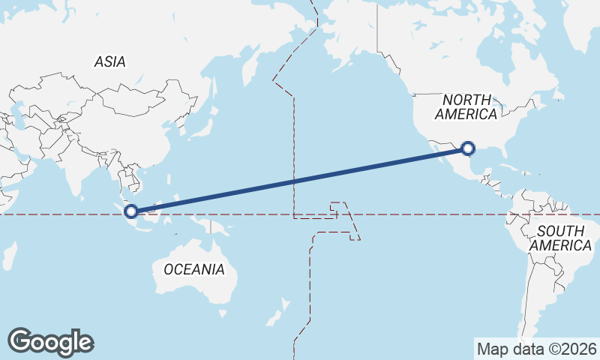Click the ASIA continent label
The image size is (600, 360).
[x=109, y=62]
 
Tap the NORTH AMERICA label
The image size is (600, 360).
[x=466, y=106]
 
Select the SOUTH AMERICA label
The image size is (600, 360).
[x=560, y=238]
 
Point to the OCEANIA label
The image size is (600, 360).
[x=193, y=269]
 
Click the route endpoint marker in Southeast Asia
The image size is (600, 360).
[x=131, y=211]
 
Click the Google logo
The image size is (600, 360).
[x=50, y=341]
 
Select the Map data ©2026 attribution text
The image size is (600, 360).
[x=536, y=349]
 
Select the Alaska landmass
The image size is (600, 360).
[x=345, y=37]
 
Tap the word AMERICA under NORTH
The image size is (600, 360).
[x=466, y=114]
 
